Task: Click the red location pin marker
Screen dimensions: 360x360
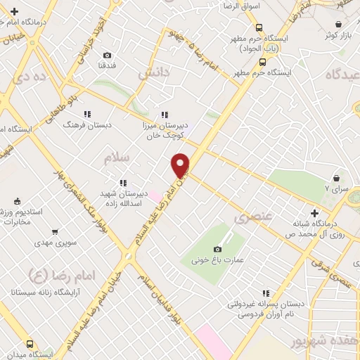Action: coord(181,165)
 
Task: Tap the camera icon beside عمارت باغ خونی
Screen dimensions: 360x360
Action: coord(217,249)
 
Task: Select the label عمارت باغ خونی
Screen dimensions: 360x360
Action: coord(220,260)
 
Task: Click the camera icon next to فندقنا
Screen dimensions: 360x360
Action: coord(107,56)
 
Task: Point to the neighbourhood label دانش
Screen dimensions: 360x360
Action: coord(153,72)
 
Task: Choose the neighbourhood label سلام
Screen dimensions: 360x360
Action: coord(117,159)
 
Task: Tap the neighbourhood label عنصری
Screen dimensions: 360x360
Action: coord(252,218)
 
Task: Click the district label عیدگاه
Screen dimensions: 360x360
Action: coord(342,74)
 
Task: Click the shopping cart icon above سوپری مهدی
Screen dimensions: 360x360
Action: coord(55,231)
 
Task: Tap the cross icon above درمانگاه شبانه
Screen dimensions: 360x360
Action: coord(314,213)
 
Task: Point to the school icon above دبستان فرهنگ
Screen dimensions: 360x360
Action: coord(87,113)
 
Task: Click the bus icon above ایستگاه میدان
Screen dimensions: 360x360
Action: coord(29,344)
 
